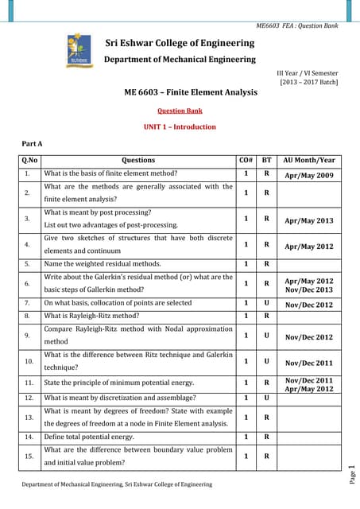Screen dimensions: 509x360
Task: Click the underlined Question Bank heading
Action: coord(180,111)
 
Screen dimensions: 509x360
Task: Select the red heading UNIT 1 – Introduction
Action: coord(180,126)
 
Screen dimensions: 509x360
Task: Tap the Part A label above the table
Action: coord(31,143)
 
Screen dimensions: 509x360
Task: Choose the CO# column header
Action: coord(246,160)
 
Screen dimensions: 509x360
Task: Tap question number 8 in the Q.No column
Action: coord(28,316)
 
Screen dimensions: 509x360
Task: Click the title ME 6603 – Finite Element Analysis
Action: coord(191,92)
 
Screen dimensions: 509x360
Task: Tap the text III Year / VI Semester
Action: coord(308,72)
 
